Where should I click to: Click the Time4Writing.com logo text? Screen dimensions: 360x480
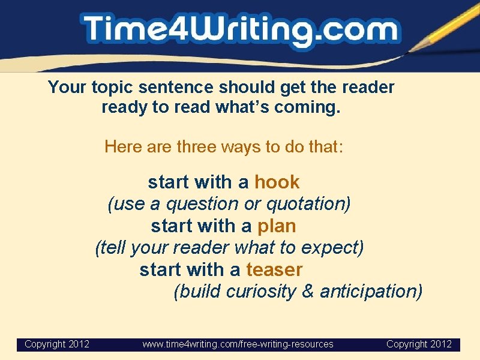240,30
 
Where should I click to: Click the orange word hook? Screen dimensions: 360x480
277,182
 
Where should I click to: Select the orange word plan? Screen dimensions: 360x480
276,226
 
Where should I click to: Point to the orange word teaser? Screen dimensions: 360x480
274,270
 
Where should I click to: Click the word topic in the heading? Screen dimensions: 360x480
113,88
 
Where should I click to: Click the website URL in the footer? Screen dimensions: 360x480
238,344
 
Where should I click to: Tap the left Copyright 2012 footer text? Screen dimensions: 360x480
57,344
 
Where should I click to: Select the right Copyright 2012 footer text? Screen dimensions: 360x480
419,344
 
